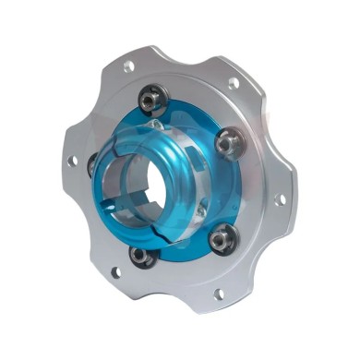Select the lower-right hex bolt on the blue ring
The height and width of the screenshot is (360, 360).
pyautogui.click(x=221, y=240)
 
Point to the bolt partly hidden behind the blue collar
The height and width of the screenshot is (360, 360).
pyautogui.click(x=92, y=163)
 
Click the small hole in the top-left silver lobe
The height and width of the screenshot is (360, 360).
pyautogui.click(x=127, y=66)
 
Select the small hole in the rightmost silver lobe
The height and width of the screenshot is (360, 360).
pyautogui.click(x=281, y=198)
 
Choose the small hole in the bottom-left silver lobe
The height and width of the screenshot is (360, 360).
pyautogui.click(x=114, y=272)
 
